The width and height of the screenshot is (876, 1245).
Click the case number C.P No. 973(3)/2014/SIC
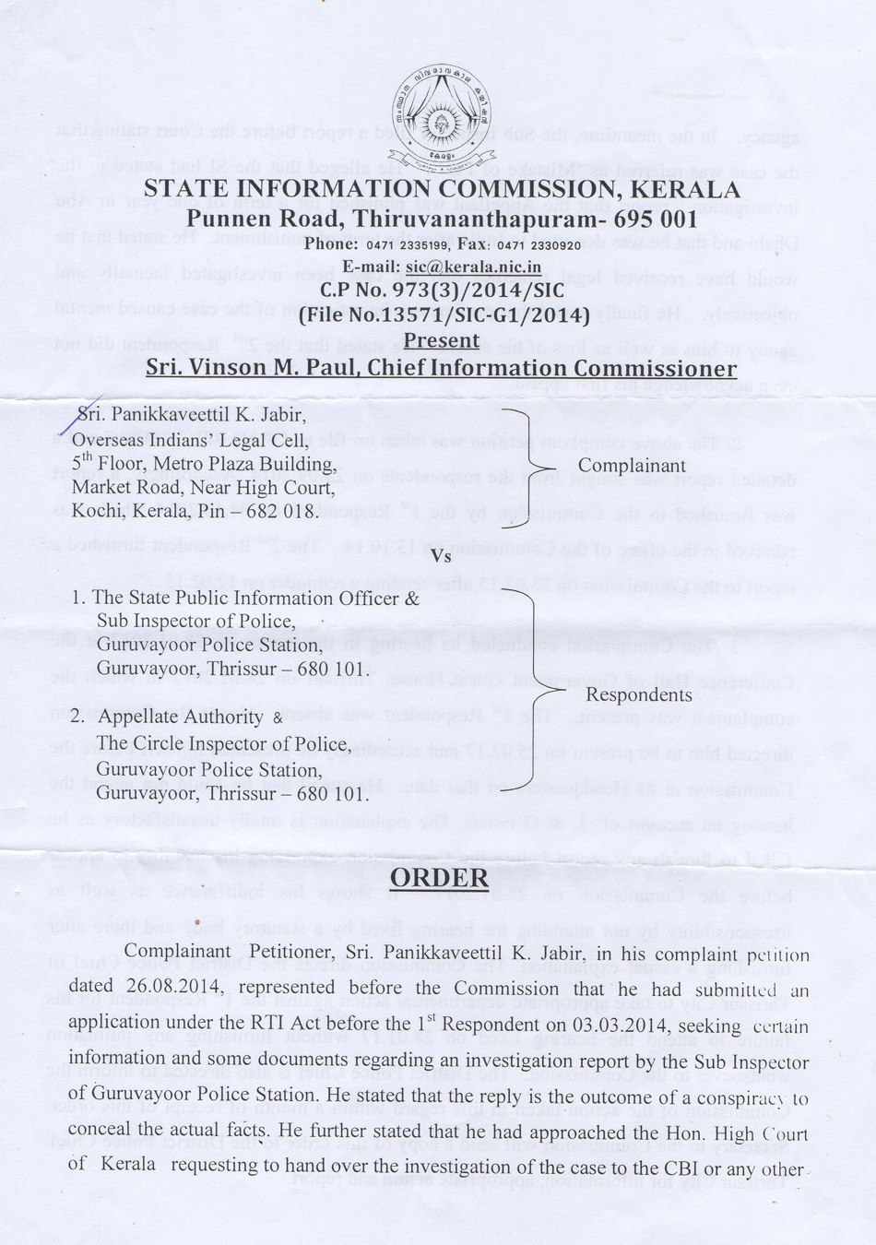tap(442, 290)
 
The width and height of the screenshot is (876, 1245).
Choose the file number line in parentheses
tap(444, 315)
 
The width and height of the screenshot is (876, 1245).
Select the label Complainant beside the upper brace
tap(632, 466)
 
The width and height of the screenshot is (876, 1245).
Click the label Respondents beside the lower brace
tap(638, 694)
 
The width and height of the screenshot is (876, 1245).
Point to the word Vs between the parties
tap(441, 556)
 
